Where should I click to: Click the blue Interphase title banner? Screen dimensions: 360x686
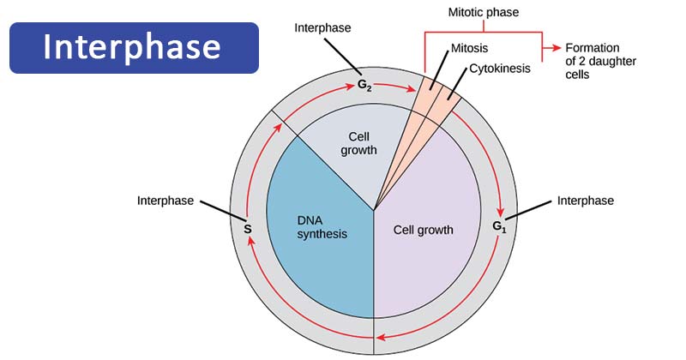(x=133, y=47)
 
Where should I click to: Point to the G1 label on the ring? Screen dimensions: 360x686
(x=501, y=227)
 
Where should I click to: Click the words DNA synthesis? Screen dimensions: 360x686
(x=317, y=226)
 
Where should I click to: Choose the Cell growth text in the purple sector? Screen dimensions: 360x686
(x=423, y=230)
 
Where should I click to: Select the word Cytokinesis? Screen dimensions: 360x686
(x=498, y=69)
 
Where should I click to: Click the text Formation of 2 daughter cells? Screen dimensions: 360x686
(x=592, y=61)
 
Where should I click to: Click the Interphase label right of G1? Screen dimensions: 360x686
(x=586, y=201)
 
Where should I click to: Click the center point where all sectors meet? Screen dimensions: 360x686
(x=374, y=209)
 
